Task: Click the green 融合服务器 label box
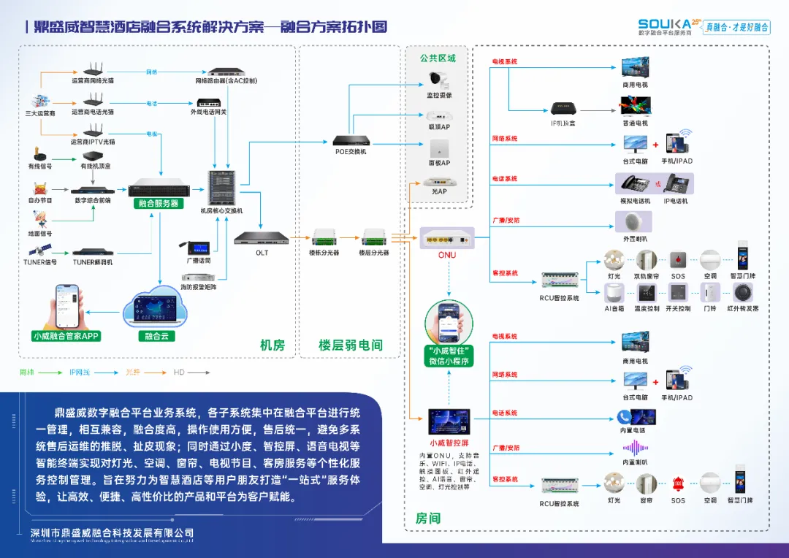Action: [x=159, y=204]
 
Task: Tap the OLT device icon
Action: [x=262, y=237]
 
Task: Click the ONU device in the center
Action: [x=446, y=238]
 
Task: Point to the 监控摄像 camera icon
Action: [x=439, y=79]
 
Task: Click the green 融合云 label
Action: [x=155, y=337]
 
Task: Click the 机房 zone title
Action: [x=272, y=345]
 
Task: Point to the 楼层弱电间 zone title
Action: [x=351, y=345]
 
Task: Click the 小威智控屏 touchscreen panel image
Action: [x=449, y=422]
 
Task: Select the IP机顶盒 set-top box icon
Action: [x=563, y=108]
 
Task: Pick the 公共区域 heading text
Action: [x=438, y=58]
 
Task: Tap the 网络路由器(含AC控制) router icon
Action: [x=226, y=72]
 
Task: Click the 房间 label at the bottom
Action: [x=428, y=518]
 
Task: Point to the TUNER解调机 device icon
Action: [x=93, y=252]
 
